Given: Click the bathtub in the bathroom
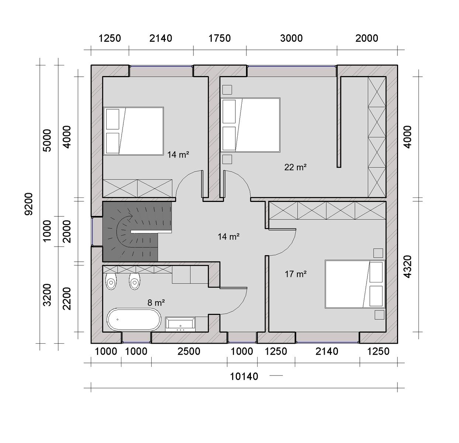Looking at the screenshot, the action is click(x=134, y=319).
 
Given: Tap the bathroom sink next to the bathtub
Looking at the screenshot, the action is click(x=180, y=324).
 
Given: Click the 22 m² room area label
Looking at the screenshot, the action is click(x=295, y=167).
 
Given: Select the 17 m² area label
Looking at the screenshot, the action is click(x=296, y=274).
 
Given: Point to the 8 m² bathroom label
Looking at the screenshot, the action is click(x=156, y=302).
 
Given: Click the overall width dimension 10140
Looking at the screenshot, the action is click(x=244, y=377).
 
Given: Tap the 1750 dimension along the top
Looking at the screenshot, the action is click(x=220, y=38).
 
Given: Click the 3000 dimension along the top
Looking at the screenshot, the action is click(x=291, y=38).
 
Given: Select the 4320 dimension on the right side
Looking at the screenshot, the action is click(x=407, y=267).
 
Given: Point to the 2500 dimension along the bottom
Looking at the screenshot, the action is click(x=189, y=351).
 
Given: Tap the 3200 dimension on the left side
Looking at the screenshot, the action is click(x=47, y=295).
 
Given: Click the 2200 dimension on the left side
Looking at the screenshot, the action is click(x=67, y=298).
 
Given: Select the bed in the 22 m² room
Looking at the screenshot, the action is click(x=250, y=125).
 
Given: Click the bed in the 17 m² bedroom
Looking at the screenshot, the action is click(x=355, y=284).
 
